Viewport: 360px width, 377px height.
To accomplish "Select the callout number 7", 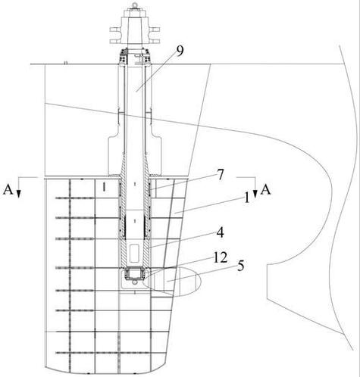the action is click(x=221, y=175).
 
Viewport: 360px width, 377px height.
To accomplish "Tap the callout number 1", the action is click(x=246, y=198).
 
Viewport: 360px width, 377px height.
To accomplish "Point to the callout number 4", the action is click(x=221, y=232).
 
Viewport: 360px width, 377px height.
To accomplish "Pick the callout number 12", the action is click(x=221, y=257).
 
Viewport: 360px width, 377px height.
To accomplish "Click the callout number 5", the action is click(x=240, y=266).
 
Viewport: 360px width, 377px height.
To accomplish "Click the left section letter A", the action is click(x=8, y=190).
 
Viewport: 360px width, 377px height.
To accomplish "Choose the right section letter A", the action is click(x=266, y=190).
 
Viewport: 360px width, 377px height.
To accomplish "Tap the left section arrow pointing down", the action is click(x=18, y=187).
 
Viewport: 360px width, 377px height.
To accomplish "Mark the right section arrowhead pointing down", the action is click(x=255, y=194).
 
